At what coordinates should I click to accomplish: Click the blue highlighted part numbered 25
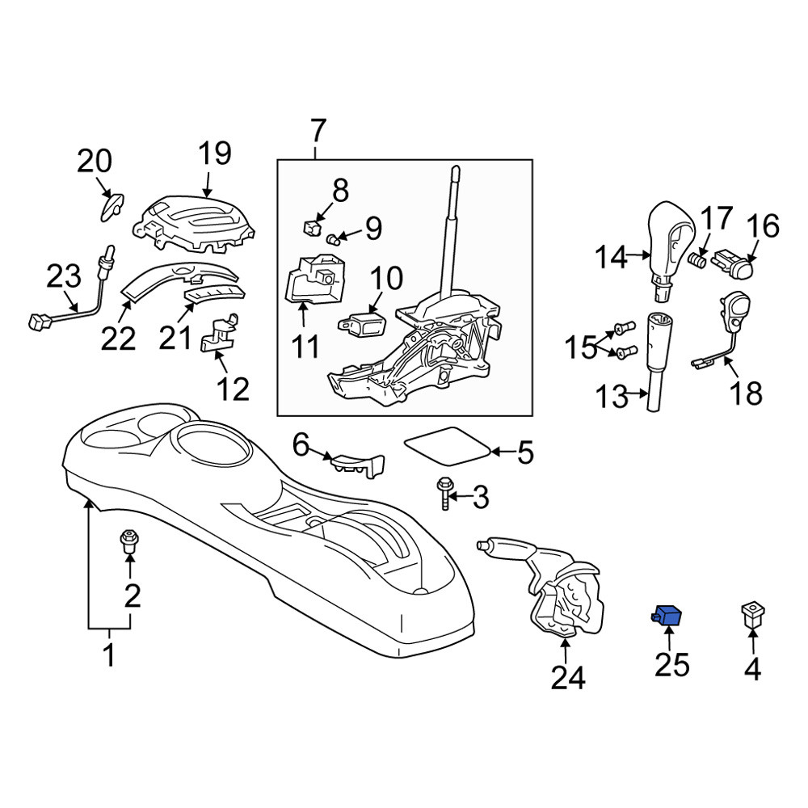[667, 614]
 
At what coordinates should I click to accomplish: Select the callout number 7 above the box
[318, 131]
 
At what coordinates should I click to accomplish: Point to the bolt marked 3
[444, 493]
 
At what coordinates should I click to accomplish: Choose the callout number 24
[568, 678]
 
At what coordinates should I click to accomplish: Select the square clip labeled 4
[752, 615]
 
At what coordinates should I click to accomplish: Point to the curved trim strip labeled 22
[178, 281]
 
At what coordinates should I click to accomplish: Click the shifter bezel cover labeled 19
[194, 224]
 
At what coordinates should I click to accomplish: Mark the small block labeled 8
[312, 226]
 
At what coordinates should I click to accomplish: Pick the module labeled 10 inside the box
[363, 321]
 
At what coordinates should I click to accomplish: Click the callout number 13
[612, 396]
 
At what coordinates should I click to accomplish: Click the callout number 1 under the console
[109, 654]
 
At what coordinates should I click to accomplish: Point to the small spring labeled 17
[698, 259]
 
